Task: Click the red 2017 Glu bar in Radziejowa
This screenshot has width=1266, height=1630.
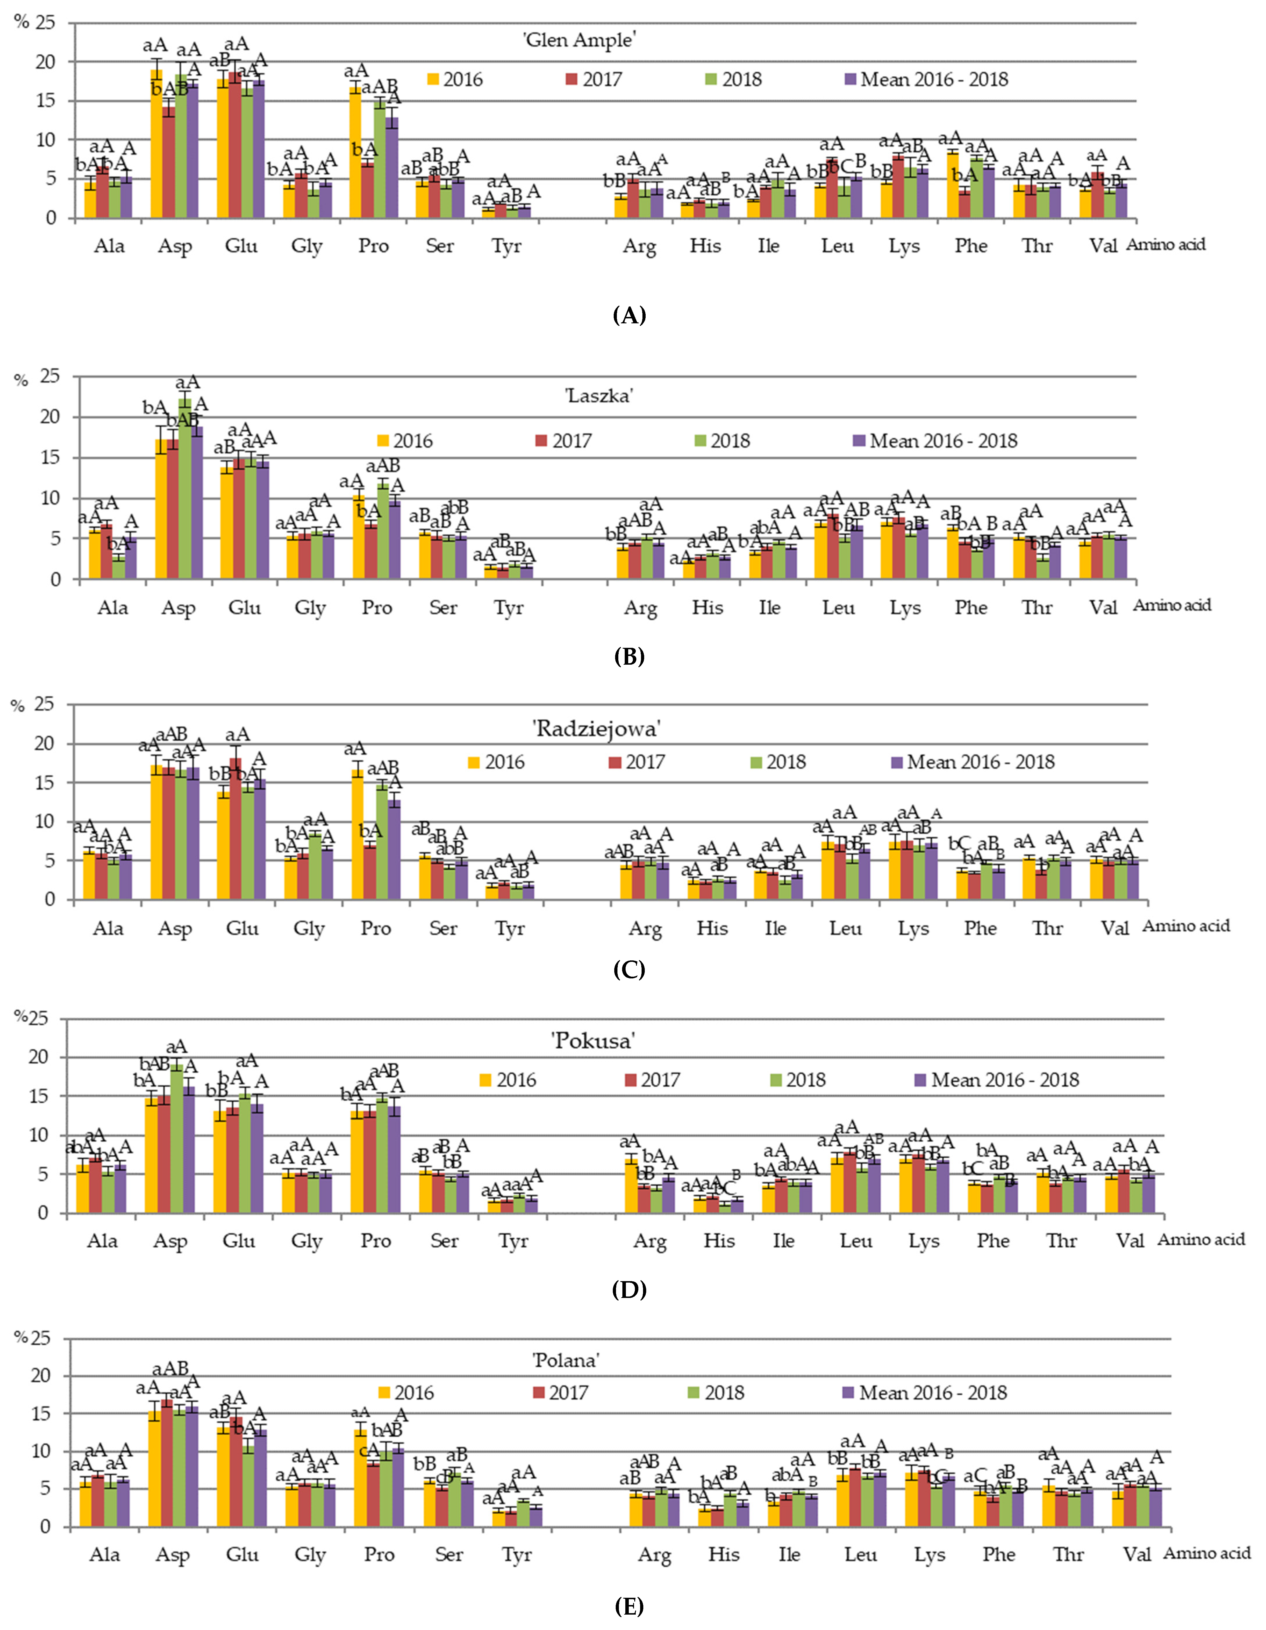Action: pos(236,829)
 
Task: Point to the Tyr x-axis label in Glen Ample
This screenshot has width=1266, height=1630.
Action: pos(506,246)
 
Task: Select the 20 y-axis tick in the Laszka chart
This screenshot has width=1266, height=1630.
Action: pos(49,417)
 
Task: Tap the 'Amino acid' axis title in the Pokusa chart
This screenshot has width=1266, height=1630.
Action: pos(1201,1240)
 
